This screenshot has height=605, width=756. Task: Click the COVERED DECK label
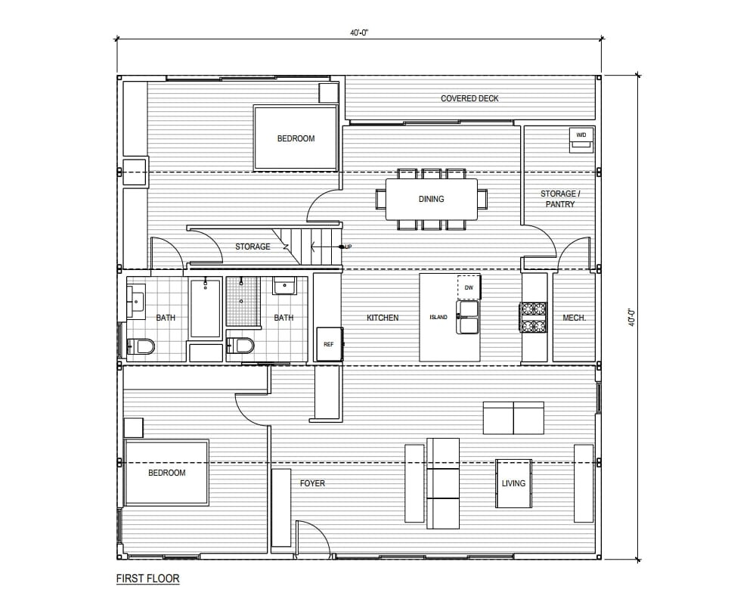click(469, 98)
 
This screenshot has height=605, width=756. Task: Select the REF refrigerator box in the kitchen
click(329, 344)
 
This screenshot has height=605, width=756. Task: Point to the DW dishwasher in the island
click(469, 287)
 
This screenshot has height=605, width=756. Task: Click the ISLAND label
click(439, 318)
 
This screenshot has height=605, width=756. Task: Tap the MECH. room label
click(574, 318)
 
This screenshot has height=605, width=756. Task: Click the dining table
click(431, 199)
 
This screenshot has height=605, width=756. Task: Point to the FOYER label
click(312, 483)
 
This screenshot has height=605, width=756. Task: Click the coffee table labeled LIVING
click(513, 483)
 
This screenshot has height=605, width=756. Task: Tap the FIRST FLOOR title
click(147, 579)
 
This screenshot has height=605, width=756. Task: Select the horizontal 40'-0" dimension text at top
click(358, 33)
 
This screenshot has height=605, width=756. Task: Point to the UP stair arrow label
click(347, 247)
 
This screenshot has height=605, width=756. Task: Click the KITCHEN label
click(383, 318)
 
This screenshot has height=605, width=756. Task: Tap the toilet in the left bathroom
click(141, 346)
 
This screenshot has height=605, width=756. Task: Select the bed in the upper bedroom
click(295, 138)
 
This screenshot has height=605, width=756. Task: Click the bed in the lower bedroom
click(166, 473)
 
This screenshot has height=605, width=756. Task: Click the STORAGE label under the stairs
click(253, 247)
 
